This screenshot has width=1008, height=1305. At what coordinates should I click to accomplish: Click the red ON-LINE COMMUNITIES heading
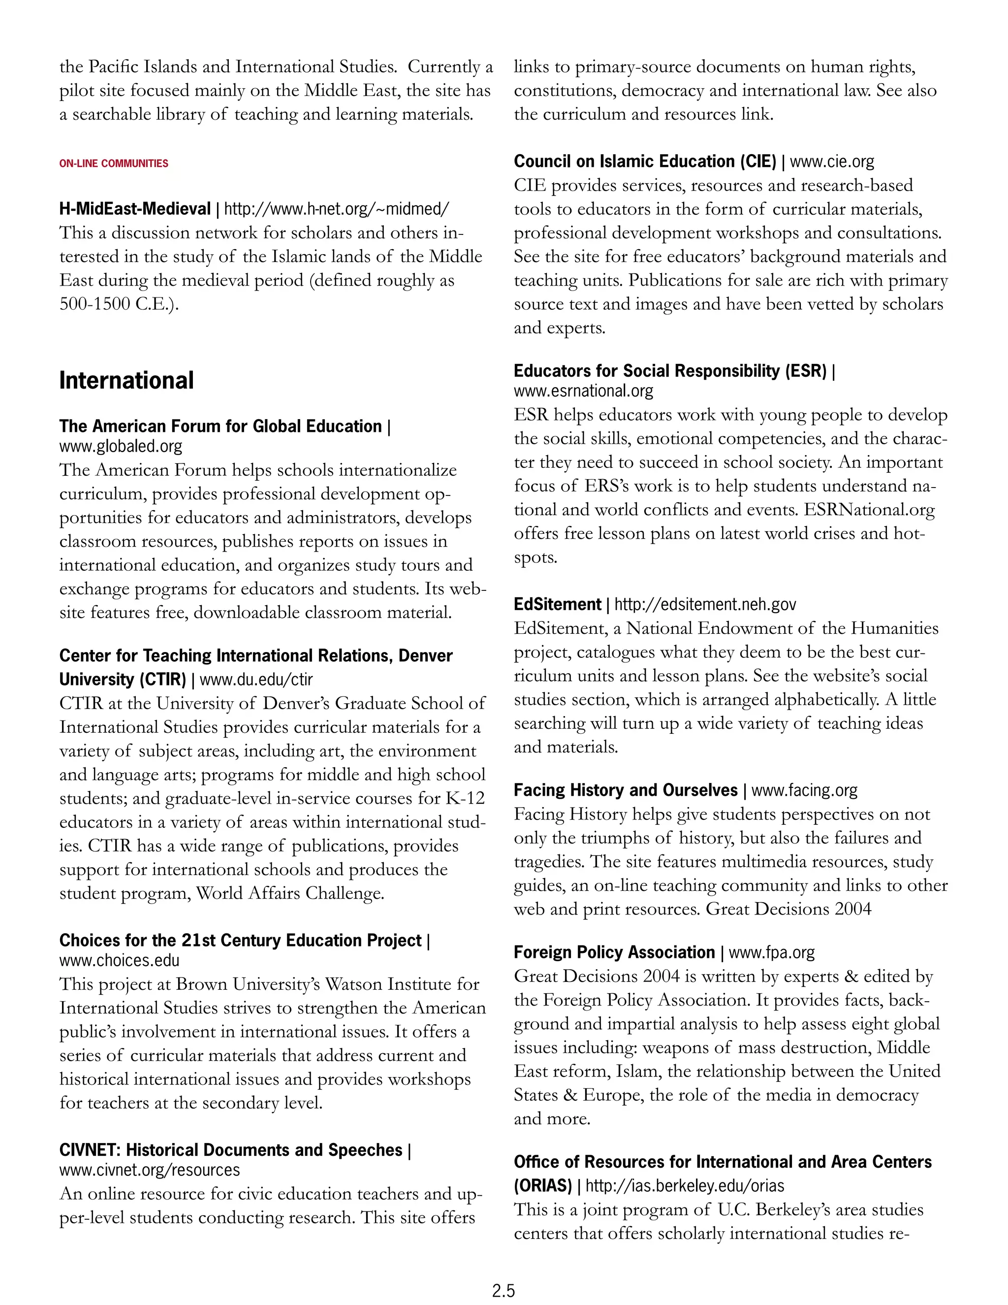(114, 163)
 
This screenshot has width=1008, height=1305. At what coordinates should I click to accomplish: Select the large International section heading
(126, 381)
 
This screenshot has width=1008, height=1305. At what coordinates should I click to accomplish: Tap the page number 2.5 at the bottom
(504, 1291)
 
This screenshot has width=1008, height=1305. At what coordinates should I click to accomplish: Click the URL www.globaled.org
(121, 446)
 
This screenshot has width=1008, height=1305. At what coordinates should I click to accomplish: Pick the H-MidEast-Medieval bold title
(135, 209)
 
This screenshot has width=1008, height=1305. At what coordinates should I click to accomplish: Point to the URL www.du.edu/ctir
(255, 680)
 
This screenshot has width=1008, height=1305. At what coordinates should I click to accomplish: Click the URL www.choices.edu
(120, 960)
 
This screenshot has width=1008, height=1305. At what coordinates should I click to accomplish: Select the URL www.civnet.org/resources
(149, 1170)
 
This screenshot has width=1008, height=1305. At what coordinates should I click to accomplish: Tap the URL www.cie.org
(832, 162)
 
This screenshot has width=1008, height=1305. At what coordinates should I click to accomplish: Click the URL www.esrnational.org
(583, 391)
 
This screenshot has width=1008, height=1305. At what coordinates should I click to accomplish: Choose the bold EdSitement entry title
(557, 605)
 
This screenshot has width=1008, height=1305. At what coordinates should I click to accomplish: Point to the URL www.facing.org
(804, 790)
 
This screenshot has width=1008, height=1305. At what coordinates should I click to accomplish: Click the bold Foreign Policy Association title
(614, 952)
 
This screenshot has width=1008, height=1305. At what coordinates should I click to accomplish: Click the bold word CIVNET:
(90, 1150)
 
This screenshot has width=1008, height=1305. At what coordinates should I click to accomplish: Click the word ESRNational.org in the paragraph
(869, 510)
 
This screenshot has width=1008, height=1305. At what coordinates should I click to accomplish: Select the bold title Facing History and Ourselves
(625, 790)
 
